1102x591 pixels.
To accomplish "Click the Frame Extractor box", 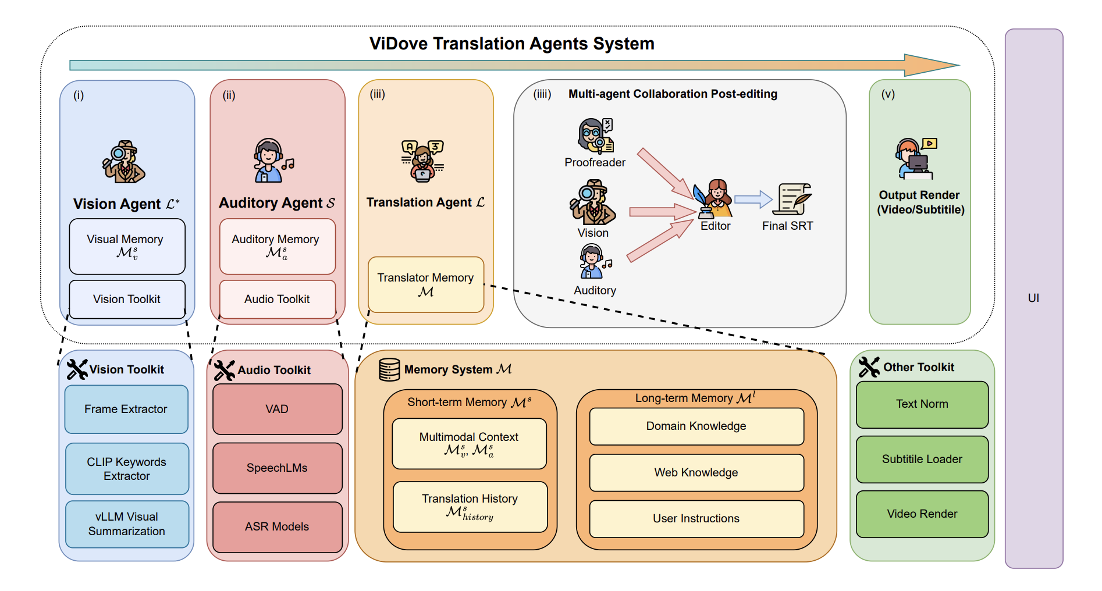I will [x=126, y=409].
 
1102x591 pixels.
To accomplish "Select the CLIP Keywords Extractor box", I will [x=127, y=469].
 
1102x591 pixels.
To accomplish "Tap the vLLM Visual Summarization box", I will [x=127, y=524].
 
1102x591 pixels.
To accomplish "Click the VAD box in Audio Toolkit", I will [x=277, y=409].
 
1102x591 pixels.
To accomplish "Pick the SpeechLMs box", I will [x=277, y=468].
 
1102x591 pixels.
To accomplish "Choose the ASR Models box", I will [x=277, y=526].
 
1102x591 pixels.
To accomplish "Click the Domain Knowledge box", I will [x=696, y=426].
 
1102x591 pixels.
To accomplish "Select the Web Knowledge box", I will [x=696, y=472].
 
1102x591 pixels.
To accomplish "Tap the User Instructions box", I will [x=696, y=518].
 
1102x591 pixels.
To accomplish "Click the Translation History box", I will [x=470, y=507].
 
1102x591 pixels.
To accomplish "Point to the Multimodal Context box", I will [x=469, y=443].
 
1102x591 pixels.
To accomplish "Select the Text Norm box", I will [x=922, y=404].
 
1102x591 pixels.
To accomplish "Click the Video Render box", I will [x=922, y=514].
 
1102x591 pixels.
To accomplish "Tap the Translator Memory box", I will [x=426, y=284].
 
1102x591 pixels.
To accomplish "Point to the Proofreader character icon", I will [x=595, y=136].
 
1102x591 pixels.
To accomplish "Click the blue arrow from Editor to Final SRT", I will [x=753, y=200].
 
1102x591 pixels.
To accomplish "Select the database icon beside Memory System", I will [x=389, y=369].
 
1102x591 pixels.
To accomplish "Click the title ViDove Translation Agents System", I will [x=512, y=44].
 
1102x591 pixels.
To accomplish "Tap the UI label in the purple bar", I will [x=1033, y=298].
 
